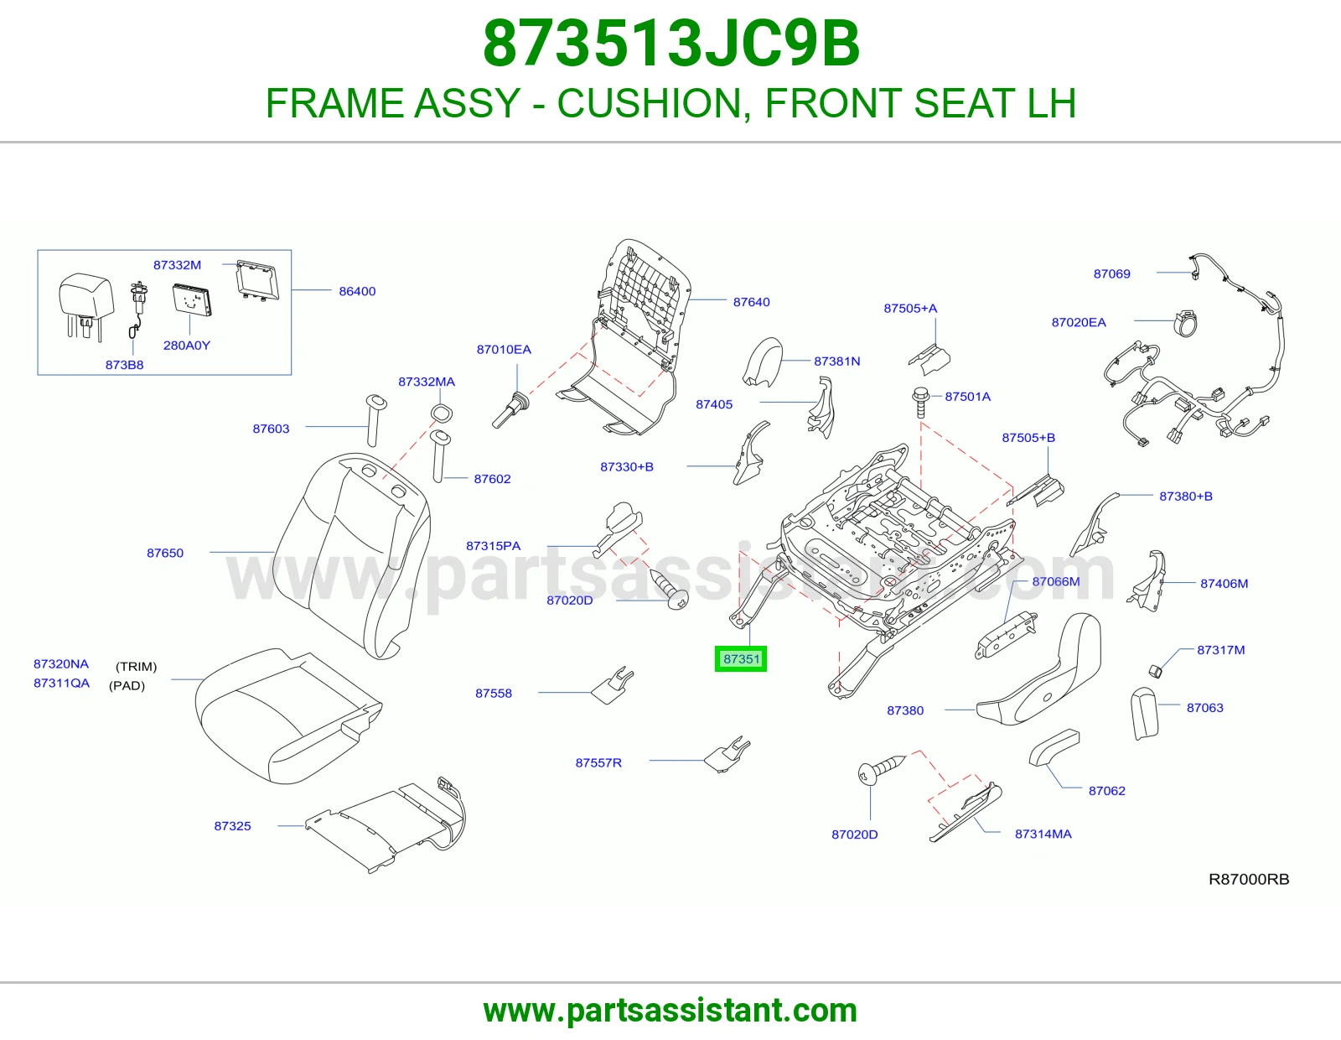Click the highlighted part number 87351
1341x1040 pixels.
pyautogui.click(x=741, y=659)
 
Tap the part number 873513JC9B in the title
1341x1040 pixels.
pyautogui.click(x=670, y=44)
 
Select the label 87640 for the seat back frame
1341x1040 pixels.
pyautogui.click(x=751, y=302)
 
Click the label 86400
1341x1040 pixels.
pyautogui.click(x=357, y=291)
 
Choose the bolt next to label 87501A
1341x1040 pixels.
pyautogui.click(x=921, y=402)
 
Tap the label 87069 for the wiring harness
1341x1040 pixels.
pyautogui.click(x=1111, y=273)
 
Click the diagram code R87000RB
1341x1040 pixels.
pyautogui.click(x=1249, y=879)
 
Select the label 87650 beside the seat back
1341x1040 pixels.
pyautogui.click(x=165, y=553)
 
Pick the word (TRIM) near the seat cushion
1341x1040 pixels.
pyautogui.click(x=137, y=667)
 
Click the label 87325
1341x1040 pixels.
pyautogui.click(x=232, y=825)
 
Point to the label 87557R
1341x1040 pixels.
pyautogui.click(x=598, y=762)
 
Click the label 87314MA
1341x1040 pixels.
pyautogui.click(x=1043, y=834)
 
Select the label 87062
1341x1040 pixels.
pyautogui.click(x=1106, y=791)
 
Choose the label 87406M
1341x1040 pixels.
pyautogui.click(x=1224, y=583)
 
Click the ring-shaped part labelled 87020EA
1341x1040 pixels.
pyautogui.click(x=1185, y=323)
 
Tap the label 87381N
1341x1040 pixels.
pyautogui.click(x=836, y=361)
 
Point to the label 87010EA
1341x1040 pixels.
pyautogui.click(x=504, y=349)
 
